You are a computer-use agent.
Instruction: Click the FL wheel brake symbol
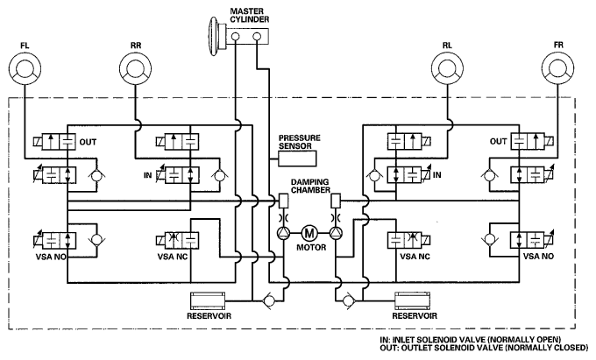tap(25, 68)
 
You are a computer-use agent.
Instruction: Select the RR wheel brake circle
tap(135, 68)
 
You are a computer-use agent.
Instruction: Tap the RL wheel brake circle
tap(447, 68)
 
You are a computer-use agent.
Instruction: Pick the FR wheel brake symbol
tap(558, 68)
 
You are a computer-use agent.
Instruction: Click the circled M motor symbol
tap(309, 232)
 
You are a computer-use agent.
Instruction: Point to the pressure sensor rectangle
tap(297, 158)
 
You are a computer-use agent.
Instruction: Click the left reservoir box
tap(207, 300)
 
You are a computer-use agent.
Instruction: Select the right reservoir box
tap(413, 300)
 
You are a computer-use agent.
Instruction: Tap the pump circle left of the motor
tap(283, 232)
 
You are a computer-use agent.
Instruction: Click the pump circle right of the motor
tap(336, 232)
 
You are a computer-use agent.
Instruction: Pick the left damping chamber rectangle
tap(284, 201)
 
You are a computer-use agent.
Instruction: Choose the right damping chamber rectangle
tap(336, 201)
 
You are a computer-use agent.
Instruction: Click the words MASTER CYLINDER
tap(249, 16)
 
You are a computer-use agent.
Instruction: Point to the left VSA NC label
tap(173, 258)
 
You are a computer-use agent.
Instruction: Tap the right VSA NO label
tap(538, 257)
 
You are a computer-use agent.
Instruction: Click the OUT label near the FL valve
tap(88, 142)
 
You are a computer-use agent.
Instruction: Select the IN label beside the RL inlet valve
tap(437, 174)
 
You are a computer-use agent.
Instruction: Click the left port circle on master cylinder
tap(236, 37)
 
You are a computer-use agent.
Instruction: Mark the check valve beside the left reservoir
tap(269, 300)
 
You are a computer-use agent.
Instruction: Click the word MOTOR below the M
tap(311, 248)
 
